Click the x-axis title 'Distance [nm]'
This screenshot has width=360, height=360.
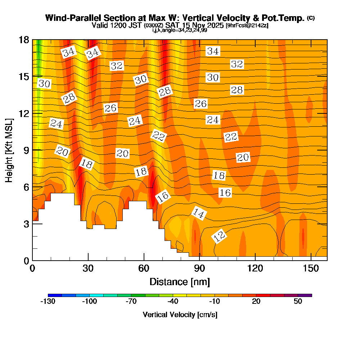coord(180,282)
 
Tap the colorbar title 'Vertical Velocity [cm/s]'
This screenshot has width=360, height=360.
coord(180,315)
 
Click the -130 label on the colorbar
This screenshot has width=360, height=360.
coord(48,302)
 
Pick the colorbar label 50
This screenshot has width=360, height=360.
coord(298,302)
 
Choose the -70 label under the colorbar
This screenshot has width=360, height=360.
coord(131,302)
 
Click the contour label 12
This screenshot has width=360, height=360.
coord(220,237)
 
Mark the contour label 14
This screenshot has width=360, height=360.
coord(198,213)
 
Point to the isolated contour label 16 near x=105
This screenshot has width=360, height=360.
coord(225,193)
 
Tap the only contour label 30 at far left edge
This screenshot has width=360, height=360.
coord(44,84)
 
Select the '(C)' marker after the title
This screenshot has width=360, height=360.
coord(311,18)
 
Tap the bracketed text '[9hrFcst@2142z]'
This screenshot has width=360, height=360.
coord(247,26)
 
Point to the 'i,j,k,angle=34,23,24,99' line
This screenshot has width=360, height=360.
coord(180,30)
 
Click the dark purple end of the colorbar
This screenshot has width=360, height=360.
coord(308,295)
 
